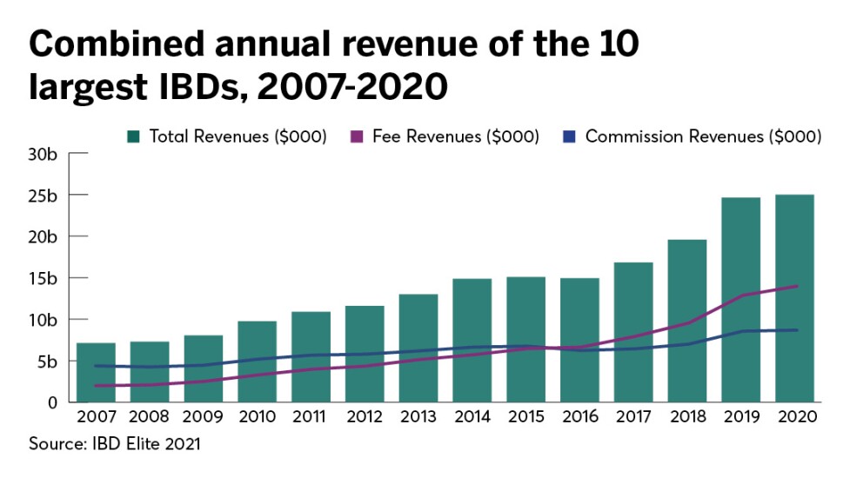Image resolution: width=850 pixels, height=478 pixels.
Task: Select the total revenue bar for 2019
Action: click(740, 300)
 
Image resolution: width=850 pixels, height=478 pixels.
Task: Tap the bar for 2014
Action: click(472, 340)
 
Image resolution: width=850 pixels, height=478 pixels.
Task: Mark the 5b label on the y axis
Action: click(45, 361)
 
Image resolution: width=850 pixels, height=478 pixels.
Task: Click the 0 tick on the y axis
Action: click(51, 402)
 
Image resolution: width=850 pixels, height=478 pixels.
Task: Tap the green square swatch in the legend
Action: click(133, 136)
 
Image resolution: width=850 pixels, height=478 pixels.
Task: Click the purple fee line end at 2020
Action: click(796, 287)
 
